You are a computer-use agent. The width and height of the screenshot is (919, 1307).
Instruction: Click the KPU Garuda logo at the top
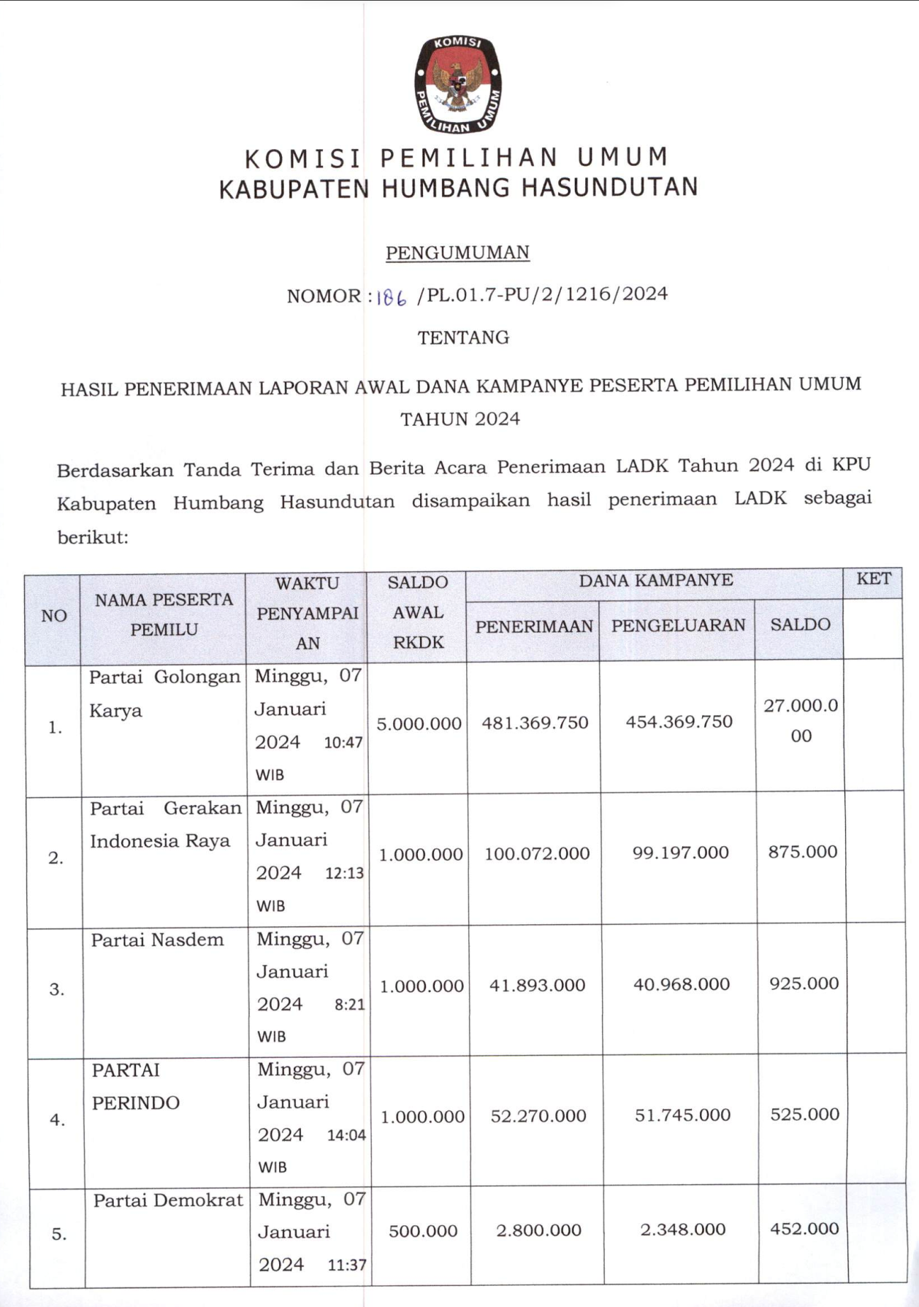[458, 84]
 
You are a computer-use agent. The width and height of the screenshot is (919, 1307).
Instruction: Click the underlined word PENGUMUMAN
[457, 253]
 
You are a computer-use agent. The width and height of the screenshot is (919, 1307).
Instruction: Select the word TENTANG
[463, 338]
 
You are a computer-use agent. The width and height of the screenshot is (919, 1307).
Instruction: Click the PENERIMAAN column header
[533, 626]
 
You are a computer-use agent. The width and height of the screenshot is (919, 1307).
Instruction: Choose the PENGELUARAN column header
[678, 625]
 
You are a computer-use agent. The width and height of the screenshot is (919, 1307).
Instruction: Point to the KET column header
[873, 579]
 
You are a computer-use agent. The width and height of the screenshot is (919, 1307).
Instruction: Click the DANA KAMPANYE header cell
[655, 581]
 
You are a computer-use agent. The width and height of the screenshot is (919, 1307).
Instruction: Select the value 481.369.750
[535, 723]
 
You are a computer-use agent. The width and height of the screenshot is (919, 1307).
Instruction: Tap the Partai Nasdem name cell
[157, 940]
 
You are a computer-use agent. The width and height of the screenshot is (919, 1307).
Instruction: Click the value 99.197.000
[680, 853]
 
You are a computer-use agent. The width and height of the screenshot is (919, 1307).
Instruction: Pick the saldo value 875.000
[802, 852]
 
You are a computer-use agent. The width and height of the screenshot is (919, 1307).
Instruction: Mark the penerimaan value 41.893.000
[537, 986]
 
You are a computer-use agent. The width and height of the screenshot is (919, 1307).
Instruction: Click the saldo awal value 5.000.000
[419, 724]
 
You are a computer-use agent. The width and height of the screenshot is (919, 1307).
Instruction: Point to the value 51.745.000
[682, 1115]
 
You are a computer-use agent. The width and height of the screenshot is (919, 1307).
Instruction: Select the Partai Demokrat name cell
[167, 1201]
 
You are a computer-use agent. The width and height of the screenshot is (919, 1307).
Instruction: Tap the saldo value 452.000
[804, 1229]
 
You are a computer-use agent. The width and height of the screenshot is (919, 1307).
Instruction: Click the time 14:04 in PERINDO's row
[346, 1136]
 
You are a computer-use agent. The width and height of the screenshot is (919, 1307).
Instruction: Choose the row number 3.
[56, 990]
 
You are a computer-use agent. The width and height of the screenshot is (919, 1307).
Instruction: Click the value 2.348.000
[682, 1230]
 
